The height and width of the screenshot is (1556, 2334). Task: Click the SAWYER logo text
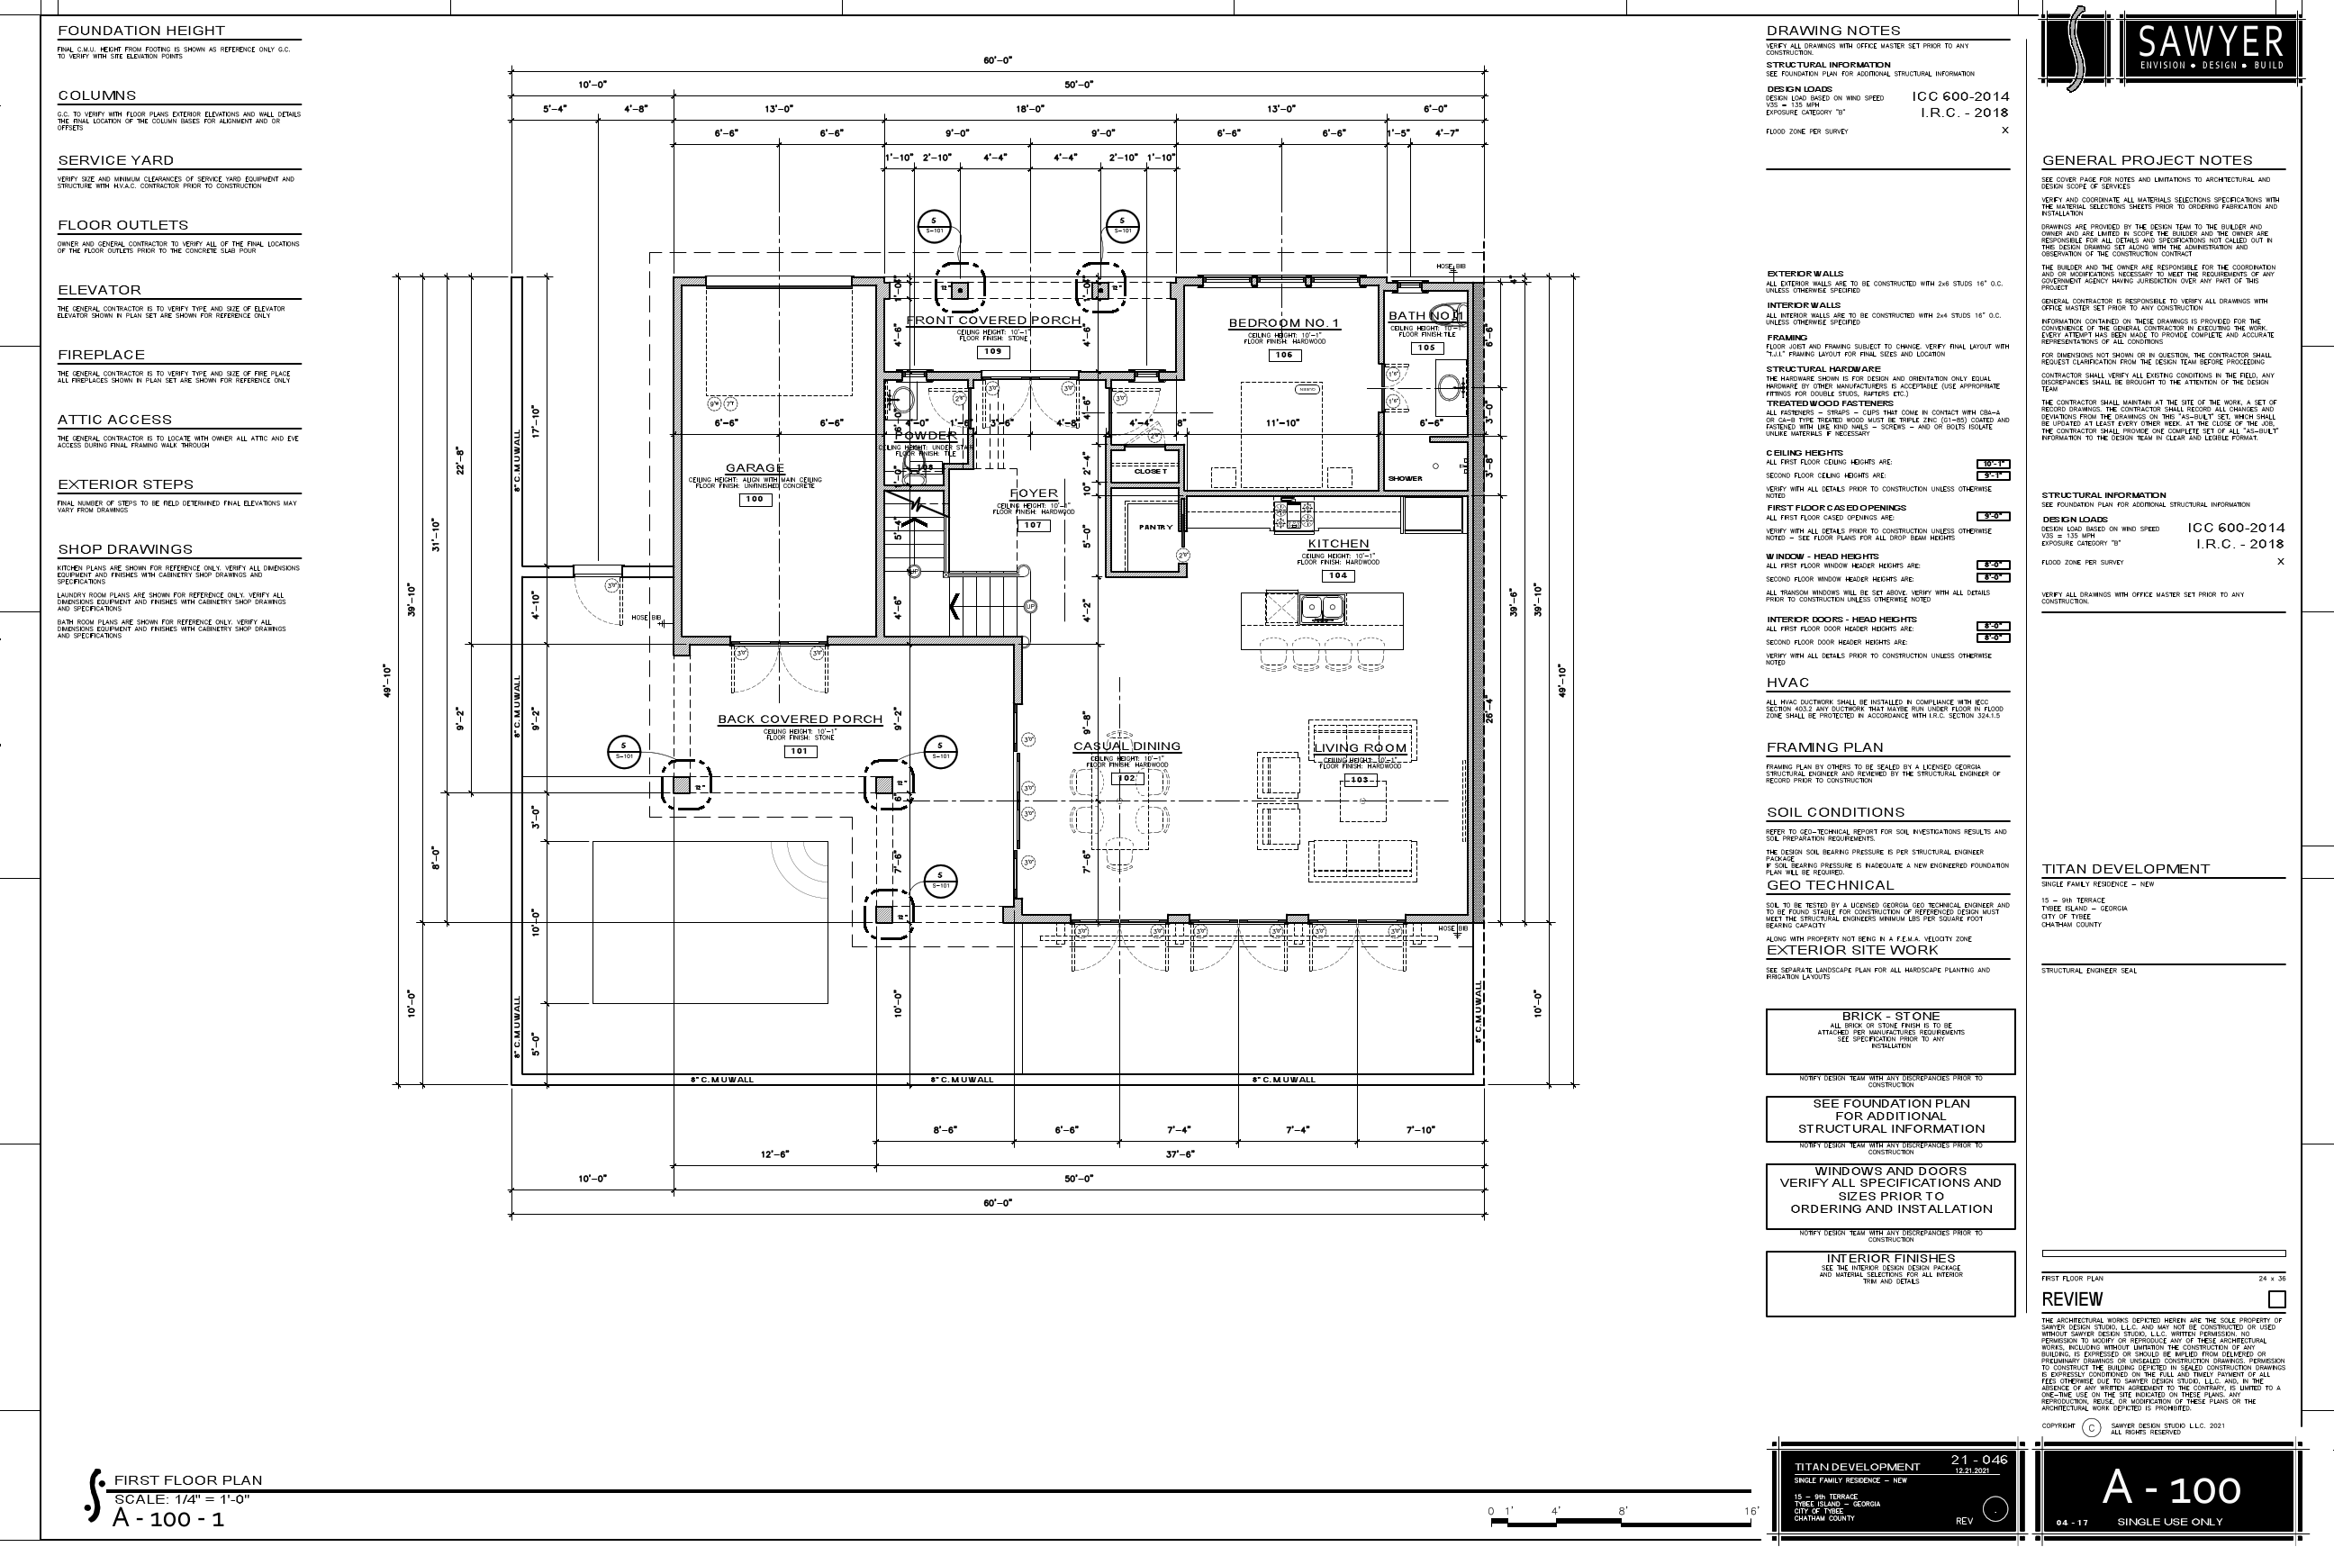[2209, 42]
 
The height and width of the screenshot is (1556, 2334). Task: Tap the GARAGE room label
[755, 467]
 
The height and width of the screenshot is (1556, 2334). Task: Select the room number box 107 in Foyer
[1033, 525]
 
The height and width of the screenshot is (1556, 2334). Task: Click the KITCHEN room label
[1338, 544]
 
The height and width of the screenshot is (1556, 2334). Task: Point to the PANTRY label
[1155, 527]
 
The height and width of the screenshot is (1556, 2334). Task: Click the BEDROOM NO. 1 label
[1283, 322]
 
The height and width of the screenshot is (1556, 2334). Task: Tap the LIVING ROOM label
[1360, 748]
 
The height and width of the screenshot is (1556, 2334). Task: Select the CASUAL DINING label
[1126, 746]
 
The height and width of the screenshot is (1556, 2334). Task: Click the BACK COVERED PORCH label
[800, 719]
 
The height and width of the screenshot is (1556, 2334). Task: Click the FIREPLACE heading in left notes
[101, 354]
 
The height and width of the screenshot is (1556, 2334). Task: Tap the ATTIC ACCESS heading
[114, 420]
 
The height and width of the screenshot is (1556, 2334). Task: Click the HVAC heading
[1787, 683]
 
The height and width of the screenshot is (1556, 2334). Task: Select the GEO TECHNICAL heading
[1830, 885]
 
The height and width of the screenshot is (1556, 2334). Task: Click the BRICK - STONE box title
[1890, 1016]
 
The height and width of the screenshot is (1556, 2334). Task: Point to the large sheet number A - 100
[2171, 1488]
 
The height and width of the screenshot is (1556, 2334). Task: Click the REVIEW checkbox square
[2276, 1299]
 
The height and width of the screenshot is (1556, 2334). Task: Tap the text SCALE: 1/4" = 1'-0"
[182, 1499]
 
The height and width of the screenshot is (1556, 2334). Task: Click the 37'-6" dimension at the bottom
[1179, 1154]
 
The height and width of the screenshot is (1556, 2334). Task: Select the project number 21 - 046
[1978, 1460]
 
